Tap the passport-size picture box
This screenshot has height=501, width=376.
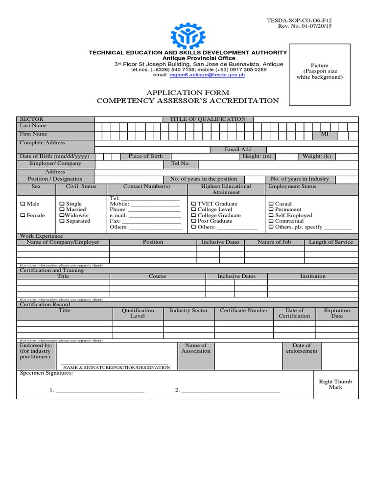tap(320, 74)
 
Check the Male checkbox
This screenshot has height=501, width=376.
tap(23, 204)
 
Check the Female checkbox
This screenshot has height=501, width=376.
tap(23, 216)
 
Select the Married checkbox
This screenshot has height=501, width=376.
tap(62, 210)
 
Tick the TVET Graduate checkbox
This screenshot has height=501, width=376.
tap(193, 204)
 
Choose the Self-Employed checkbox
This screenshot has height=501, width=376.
tap(271, 216)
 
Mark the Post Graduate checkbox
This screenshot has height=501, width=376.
tap(193, 221)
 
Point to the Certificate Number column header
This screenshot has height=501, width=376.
tap(244, 311)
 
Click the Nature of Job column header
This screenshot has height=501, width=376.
tap(274, 242)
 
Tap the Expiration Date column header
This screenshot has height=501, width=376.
tap(337, 313)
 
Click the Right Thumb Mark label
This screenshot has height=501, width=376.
tap(335, 384)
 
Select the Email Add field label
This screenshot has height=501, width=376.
tap(238, 150)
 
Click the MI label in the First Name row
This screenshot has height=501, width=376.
tap(325, 134)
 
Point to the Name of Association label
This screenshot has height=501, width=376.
tap(196, 348)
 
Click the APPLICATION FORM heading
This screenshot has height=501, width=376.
tap(188, 92)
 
